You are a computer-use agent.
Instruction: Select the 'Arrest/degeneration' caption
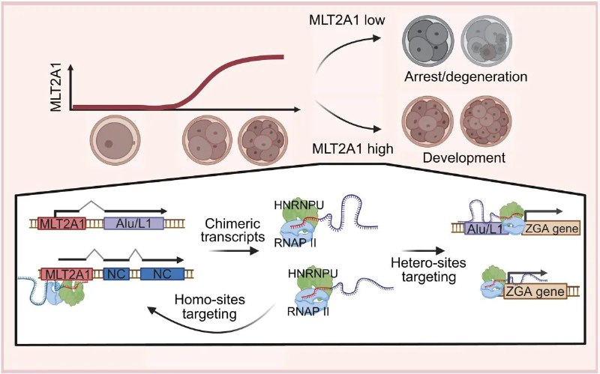[463, 76]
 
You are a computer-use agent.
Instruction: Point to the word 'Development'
[463, 158]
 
